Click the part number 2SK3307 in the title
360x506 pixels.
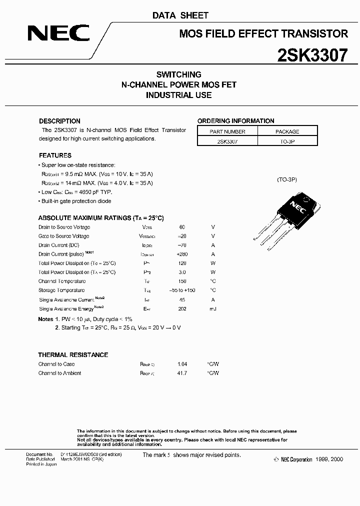(312, 55)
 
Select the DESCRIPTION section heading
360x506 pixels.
(59, 121)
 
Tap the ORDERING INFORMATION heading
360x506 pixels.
(235, 121)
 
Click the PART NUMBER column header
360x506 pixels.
(227, 131)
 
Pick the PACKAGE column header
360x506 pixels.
(287, 131)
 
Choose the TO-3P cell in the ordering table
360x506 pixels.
(287, 141)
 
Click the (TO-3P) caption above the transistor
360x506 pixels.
(287, 179)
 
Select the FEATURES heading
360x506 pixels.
(55, 155)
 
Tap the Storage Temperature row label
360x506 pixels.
(61, 290)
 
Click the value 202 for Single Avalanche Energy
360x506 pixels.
(182, 308)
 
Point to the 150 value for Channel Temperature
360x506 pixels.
(182, 281)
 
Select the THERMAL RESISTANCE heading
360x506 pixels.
(73, 355)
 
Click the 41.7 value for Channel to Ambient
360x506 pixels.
(182, 373)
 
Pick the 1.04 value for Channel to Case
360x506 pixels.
(182, 364)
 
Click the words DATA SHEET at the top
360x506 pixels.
(180, 15)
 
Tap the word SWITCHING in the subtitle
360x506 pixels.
(178, 74)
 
